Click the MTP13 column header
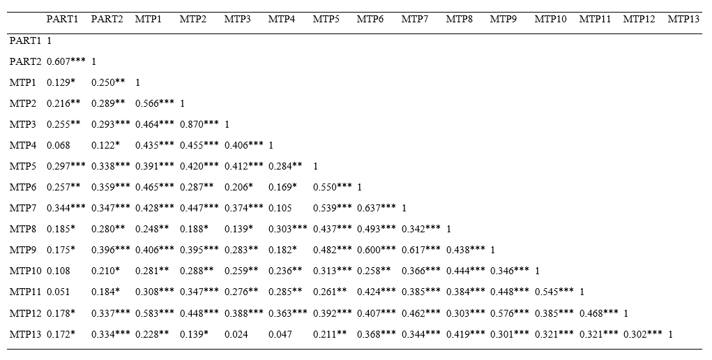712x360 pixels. tap(683, 18)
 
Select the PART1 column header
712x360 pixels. tap(62, 18)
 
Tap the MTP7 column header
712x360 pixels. tap(415, 18)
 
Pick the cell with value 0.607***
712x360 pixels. tap(66, 61)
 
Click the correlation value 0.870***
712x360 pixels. tap(199, 124)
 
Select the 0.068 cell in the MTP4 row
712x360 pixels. tap(59, 145)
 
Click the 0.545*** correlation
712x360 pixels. tap(554, 291)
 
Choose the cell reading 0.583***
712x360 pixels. tap(155, 313)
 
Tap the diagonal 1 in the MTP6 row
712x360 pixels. tap(360, 187)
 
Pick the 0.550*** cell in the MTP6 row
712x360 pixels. tap(333, 187)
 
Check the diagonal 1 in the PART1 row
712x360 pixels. tap(50, 40)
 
